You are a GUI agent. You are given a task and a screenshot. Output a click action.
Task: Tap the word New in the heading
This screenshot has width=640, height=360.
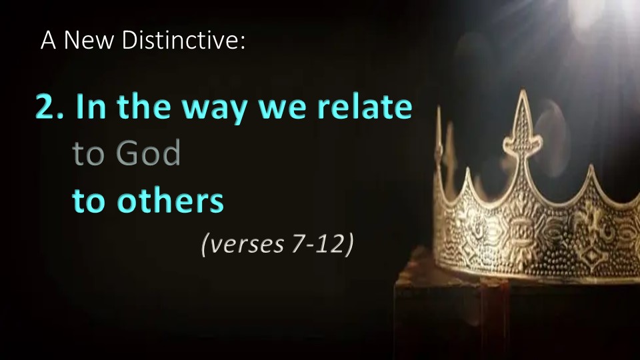(89, 40)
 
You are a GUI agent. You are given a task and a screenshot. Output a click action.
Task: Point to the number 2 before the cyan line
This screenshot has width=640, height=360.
(45, 107)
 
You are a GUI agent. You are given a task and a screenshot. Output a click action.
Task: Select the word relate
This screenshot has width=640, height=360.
(365, 106)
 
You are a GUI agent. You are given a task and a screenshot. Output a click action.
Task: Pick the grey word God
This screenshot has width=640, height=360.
(148, 153)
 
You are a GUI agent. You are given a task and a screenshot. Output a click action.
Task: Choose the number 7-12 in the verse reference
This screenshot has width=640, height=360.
(317, 244)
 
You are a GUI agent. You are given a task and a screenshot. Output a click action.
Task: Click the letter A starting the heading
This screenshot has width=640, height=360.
(48, 40)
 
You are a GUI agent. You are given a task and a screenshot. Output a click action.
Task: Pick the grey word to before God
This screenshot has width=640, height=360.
(88, 153)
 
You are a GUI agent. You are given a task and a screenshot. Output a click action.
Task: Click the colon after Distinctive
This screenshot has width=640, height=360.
(243, 43)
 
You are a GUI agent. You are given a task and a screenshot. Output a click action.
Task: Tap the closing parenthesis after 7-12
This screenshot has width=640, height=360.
(349, 244)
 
